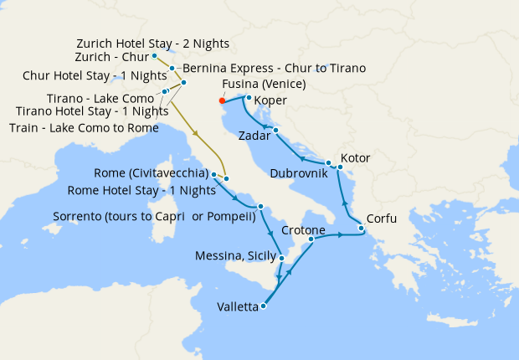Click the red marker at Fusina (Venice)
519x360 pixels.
point(222,100)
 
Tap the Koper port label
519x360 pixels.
point(270,101)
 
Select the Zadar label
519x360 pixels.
point(254,135)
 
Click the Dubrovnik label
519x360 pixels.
point(298,172)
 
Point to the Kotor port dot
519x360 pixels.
point(341,167)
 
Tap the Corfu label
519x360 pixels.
point(381,219)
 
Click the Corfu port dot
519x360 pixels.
point(361,228)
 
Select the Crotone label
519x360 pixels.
point(303,229)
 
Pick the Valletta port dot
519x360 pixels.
point(263,306)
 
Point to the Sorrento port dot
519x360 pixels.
point(261,206)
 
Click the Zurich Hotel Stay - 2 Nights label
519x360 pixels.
point(152,43)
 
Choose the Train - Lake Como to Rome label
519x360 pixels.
point(84,127)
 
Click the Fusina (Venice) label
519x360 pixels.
point(264,85)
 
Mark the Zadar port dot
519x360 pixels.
point(275,130)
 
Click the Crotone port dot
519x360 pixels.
point(311,239)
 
